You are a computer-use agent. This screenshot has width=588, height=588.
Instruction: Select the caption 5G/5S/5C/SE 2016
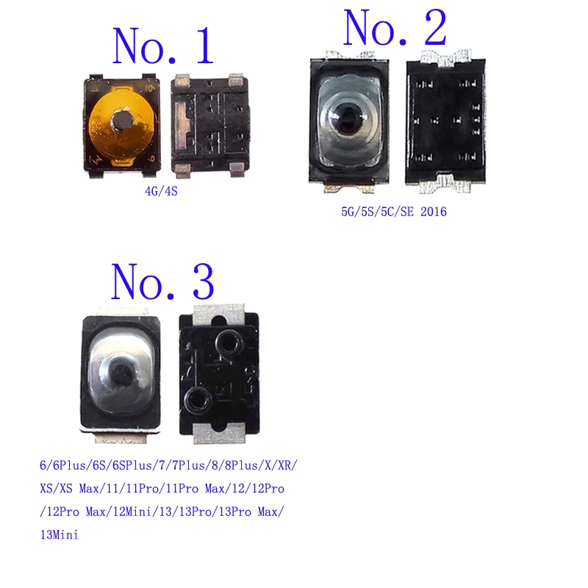point(393,212)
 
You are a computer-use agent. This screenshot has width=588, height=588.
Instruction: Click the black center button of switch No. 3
point(124,373)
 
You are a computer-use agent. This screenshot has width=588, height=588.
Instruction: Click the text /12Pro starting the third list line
point(61,512)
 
